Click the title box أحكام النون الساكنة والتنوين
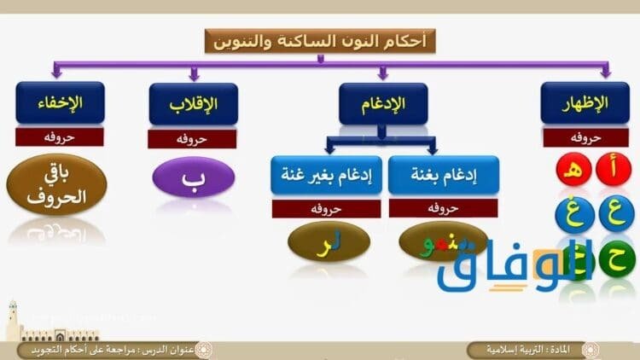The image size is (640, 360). tap(320, 40)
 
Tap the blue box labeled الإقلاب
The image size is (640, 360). tap(193, 104)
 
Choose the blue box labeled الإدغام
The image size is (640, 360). tap(382, 104)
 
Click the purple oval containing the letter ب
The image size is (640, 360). tap(193, 181)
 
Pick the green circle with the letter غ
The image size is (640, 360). tap(574, 213)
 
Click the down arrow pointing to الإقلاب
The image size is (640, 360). tap(194, 74)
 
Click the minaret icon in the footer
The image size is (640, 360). tap(13, 320)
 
